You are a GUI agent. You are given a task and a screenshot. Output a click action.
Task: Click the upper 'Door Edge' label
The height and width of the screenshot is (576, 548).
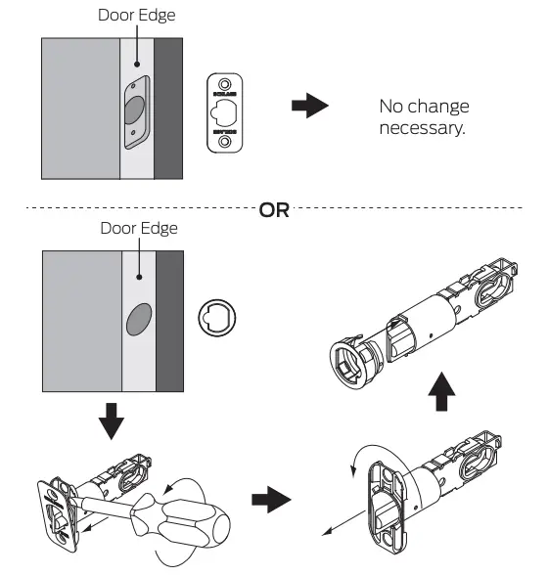click(x=135, y=16)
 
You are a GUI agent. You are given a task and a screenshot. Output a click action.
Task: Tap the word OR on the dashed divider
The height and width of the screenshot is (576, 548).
click(x=274, y=210)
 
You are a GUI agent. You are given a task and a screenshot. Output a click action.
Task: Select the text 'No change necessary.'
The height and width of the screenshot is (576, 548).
click(x=424, y=117)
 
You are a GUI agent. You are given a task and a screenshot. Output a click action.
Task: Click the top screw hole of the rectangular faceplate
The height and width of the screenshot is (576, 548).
click(x=226, y=85)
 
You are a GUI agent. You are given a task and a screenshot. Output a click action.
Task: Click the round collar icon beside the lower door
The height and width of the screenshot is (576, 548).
click(x=218, y=320)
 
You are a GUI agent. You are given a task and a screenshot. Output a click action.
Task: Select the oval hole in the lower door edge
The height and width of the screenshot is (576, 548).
click(x=139, y=322)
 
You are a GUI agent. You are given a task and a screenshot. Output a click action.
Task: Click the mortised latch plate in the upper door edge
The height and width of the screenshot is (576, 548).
click(x=136, y=111)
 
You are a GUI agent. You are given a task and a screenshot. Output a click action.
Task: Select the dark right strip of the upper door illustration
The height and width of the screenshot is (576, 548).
click(x=169, y=109)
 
